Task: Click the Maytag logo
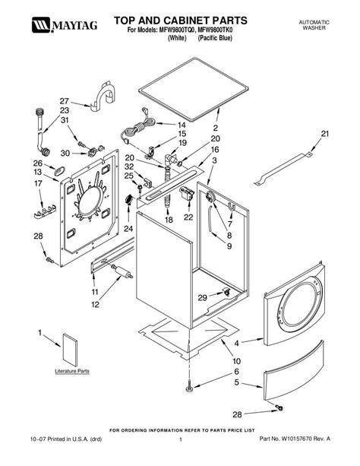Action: (65, 25)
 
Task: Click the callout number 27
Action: (64, 101)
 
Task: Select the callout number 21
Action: (325, 134)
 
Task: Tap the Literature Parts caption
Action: (72, 371)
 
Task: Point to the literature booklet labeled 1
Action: (70, 350)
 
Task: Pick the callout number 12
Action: (95, 305)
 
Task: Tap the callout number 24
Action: (128, 229)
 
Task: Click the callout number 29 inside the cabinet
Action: (202, 297)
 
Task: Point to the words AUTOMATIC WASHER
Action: (314, 25)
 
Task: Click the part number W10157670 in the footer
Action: (297, 439)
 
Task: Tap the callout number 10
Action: (236, 361)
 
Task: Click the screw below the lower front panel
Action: (279, 407)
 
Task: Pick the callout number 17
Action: (38, 183)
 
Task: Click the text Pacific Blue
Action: (215, 38)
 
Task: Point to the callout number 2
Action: (216, 128)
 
